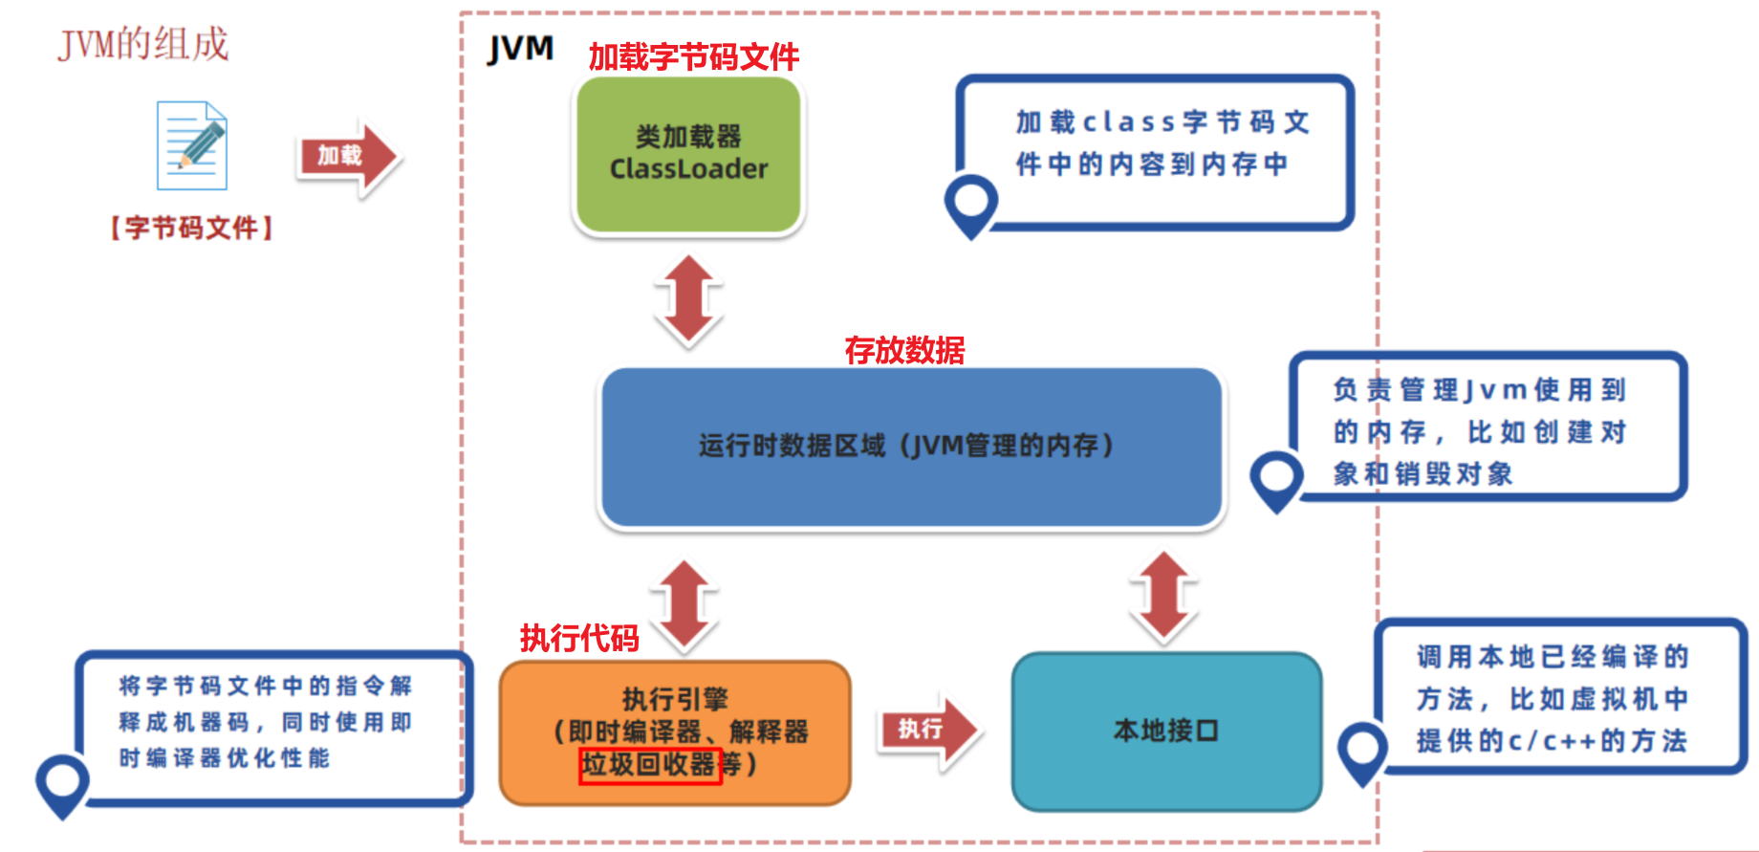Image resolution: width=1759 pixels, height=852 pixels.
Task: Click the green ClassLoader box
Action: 688,155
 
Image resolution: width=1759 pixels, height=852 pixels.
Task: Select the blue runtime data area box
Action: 910,446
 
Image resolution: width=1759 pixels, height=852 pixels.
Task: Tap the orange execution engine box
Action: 675,732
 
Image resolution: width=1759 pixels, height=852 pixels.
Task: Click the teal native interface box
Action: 1166,732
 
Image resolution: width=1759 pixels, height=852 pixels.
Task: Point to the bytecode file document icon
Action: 192,145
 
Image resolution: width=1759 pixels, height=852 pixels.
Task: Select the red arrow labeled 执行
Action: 928,730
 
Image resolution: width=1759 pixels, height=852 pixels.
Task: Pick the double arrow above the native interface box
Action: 1163,595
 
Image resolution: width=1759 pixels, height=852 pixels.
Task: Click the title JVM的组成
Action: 143,44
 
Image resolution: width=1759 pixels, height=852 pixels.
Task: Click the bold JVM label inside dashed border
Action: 520,48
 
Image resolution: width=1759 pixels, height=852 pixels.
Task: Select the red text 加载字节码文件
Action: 693,57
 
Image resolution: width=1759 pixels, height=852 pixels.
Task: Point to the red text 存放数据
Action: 904,350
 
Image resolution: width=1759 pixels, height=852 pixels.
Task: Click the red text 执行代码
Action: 579,638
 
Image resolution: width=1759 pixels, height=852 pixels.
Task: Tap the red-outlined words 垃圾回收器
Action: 650,765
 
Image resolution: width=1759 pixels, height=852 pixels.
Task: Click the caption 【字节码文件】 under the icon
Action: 191,228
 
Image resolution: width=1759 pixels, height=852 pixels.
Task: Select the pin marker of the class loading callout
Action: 971,203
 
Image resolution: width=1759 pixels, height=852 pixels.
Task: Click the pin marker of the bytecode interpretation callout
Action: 62,782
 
